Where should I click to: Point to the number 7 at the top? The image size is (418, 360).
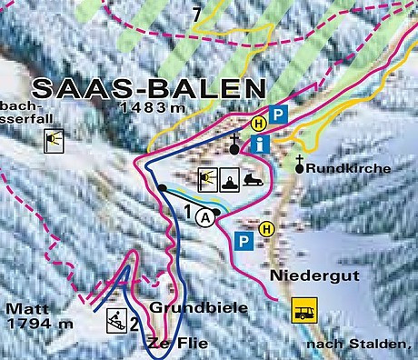[196, 13]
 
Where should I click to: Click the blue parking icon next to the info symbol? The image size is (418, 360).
[281, 116]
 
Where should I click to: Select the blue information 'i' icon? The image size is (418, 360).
[263, 143]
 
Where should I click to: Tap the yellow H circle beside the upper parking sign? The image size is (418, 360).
[258, 122]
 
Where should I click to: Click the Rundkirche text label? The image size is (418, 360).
[349, 169]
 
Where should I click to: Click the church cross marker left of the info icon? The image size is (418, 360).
[234, 145]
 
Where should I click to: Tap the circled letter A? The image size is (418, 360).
[208, 216]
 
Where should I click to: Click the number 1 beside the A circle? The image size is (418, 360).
[189, 213]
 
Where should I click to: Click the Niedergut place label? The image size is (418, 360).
[303, 274]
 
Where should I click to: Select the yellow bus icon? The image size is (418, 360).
[303, 311]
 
